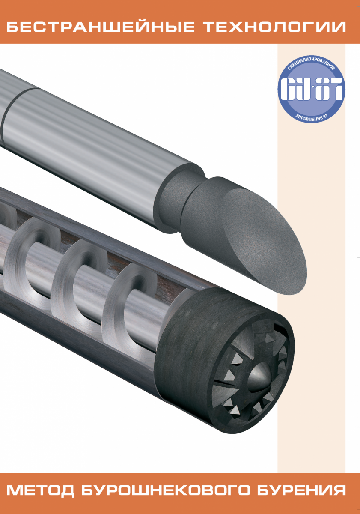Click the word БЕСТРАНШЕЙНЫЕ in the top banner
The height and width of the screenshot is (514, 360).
click(100, 27)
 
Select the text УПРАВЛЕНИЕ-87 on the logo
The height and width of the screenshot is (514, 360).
click(311, 116)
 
